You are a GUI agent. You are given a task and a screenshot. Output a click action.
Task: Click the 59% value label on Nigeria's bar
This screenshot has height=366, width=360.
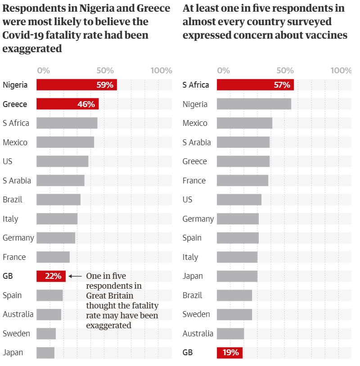pos(104,85)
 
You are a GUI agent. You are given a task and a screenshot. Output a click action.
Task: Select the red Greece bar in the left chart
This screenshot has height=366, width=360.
pos(67,104)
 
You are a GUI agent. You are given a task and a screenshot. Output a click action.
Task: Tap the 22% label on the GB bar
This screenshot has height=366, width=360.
pos(53,276)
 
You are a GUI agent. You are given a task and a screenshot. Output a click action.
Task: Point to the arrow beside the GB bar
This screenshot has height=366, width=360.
pos(75,276)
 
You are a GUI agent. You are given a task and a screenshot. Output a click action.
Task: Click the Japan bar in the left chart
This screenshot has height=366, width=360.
pos(45,353)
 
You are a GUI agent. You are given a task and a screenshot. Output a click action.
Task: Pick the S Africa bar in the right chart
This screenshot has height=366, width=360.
pos(255,85)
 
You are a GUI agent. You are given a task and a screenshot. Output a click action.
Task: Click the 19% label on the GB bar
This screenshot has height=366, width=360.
pos(230,353)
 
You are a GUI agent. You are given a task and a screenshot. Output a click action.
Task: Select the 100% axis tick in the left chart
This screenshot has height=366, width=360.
pos(161,71)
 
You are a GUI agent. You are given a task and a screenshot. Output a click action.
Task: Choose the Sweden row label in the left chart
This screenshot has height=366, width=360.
pos(16,334)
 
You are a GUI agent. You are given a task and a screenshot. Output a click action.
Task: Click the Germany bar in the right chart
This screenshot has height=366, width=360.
pos(238,219)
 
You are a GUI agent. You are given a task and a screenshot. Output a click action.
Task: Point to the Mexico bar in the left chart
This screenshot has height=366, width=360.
pos(65,143)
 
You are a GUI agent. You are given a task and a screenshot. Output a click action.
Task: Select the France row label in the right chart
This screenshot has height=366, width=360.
pos(194,181)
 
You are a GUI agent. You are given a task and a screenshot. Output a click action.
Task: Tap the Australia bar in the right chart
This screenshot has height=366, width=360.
pos(230,334)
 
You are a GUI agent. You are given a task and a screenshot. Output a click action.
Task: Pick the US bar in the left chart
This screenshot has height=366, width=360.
pos(62,161)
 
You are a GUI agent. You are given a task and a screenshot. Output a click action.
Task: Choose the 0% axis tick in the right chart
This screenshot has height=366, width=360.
pos(224,71)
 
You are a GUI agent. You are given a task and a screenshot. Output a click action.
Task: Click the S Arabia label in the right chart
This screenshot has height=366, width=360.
pos(197,143)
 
